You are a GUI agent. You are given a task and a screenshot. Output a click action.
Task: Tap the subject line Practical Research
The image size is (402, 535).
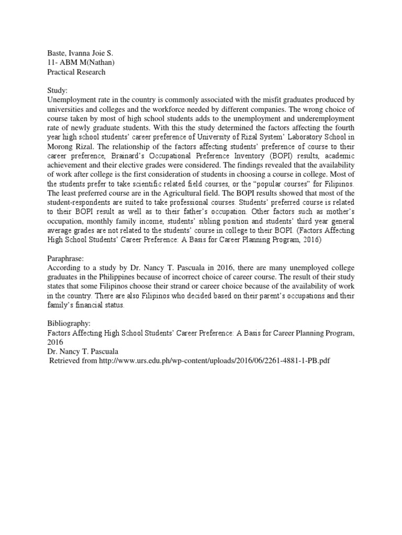coord(76,72)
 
